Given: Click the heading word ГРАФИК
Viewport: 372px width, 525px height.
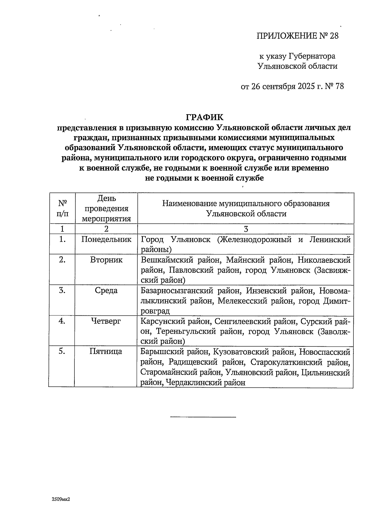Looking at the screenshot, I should [204, 117].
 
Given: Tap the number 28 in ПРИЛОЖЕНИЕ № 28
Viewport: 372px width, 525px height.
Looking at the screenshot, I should [334, 36].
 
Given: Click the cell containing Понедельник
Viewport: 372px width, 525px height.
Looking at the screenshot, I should [106, 239].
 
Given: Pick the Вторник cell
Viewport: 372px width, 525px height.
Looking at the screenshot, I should [106, 260].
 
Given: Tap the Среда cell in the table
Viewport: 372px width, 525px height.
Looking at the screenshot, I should [106, 290].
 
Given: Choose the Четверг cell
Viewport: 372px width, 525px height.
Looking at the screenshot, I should [106, 321].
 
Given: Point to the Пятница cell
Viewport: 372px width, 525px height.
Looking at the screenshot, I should [106, 351].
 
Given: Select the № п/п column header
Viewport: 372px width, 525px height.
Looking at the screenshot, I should [62, 208].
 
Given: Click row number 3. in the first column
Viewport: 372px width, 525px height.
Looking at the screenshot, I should [62, 290].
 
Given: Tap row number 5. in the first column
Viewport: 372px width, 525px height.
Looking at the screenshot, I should [62, 351].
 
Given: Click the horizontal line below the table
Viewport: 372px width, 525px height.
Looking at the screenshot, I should [203, 417].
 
